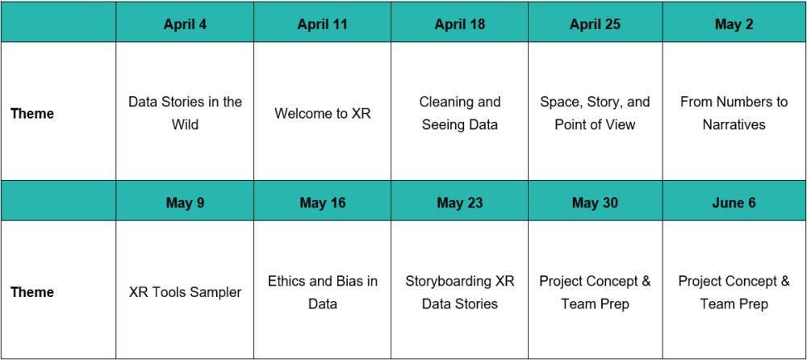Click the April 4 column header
pyautogui.click(x=185, y=24)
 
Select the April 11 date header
pyautogui.click(x=322, y=24)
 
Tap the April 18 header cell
pyautogui.click(x=460, y=24)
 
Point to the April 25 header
pyautogui.click(x=595, y=24)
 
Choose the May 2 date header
pyautogui.click(x=734, y=24)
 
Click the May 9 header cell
pyautogui.click(x=185, y=203)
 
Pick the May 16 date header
pyautogui.click(x=322, y=203)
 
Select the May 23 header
pyautogui.click(x=460, y=203)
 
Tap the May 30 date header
pyautogui.click(x=595, y=203)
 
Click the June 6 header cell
pyautogui.click(x=734, y=203)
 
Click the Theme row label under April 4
pyautogui.click(x=32, y=113)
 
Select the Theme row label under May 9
pyautogui.click(x=32, y=292)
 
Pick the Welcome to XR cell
pyautogui.click(x=322, y=113)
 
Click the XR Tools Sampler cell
pyautogui.click(x=185, y=292)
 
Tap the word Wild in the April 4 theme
pyautogui.click(x=186, y=124)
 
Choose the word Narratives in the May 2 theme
pyautogui.click(x=734, y=124)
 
